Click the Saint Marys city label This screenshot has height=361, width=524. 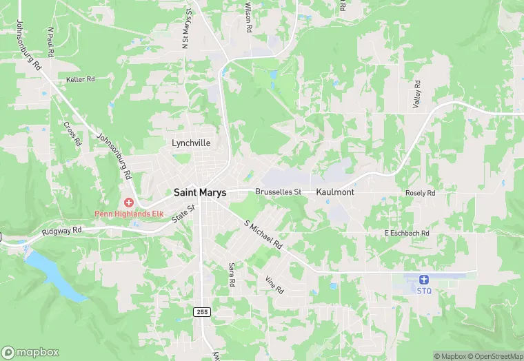[x=200, y=192]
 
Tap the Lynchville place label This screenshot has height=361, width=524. [x=190, y=143]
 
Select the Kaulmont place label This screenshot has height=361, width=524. [x=335, y=192]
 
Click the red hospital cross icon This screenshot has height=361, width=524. [x=128, y=203]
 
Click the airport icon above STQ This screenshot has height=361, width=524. [x=423, y=280]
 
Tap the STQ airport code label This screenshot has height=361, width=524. [x=423, y=291]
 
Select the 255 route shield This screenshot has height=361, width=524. [x=201, y=311]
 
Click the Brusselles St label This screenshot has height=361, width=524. [x=279, y=192]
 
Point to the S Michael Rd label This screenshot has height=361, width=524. [x=264, y=235]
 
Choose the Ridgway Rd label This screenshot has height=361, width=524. [x=61, y=231]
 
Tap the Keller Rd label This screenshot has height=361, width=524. [x=80, y=80]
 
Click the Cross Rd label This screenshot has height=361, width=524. [x=72, y=134]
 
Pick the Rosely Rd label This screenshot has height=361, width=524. [x=421, y=194]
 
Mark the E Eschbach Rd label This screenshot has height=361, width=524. [x=407, y=234]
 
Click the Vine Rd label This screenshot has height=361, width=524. [x=274, y=285]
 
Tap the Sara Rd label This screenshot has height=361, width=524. [x=232, y=274]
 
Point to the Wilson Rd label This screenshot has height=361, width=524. [x=248, y=19]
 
